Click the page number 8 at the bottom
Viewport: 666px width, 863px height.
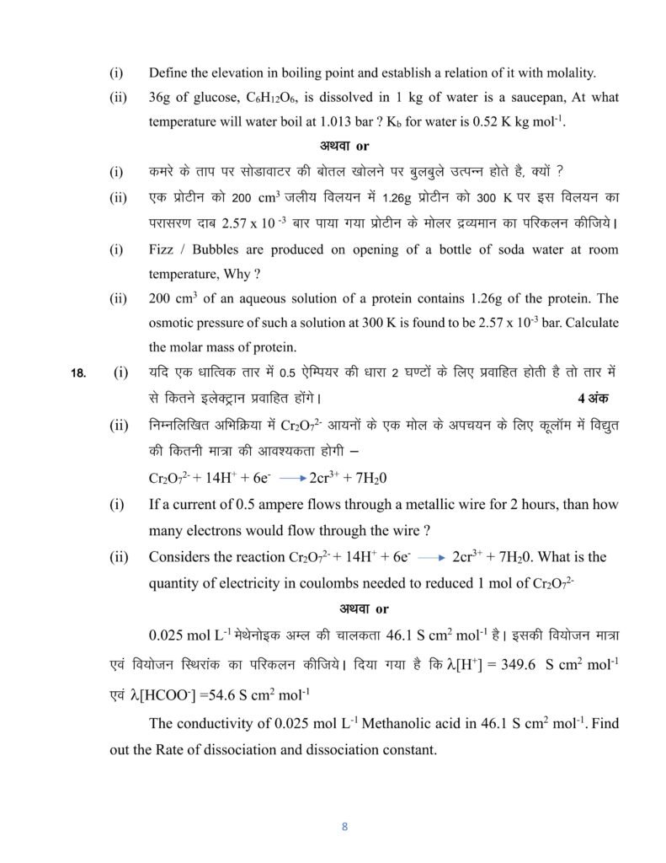click(x=344, y=827)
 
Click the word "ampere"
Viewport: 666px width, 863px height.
click(x=306, y=506)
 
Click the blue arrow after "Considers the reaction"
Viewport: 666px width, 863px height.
click(x=430, y=559)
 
